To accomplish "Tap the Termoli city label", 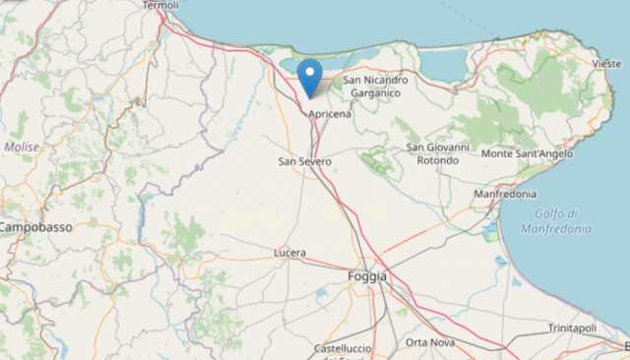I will pyautogui.click(x=160, y=5).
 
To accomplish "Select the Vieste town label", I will pyautogui.click(x=606, y=63).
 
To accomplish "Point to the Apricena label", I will pyautogui.click(x=330, y=115).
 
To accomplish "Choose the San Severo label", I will pyautogui.click(x=304, y=160).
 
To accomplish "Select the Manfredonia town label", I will pyautogui.click(x=505, y=195).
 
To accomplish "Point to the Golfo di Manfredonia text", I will pyautogui.click(x=563, y=221).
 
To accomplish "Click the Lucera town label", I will pyautogui.click(x=289, y=253).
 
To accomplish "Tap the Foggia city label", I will pyautogui.click(x=367, y=276).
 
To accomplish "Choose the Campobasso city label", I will pyautogui.click(x=35, y=226).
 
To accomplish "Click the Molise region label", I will pyautogui.click(x=21, y=147).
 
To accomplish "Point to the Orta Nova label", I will pyautogui.click(x=430, y=342).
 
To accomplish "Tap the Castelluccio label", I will pyautogui.click(x=342, y=349).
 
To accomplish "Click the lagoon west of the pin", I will pyautogui.click(x=292, y=64).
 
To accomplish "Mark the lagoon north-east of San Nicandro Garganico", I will pyautogui.click(x=443, y=65).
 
